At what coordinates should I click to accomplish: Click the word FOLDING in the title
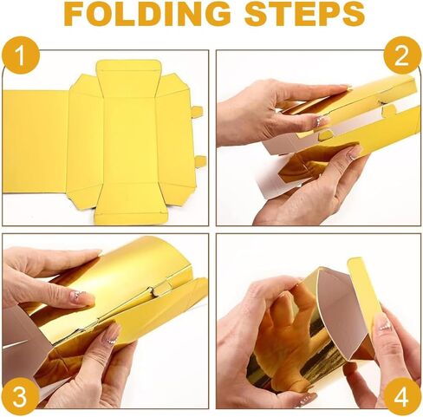click(147, 14)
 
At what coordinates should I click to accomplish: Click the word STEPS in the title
click(305, 14)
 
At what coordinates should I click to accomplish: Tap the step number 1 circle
click(20, 55)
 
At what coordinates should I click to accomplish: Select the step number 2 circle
click(402, 55)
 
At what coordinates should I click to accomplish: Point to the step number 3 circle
click(20, 397)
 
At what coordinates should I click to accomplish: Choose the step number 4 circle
click(402, 397)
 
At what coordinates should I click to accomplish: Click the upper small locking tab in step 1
click(197, 111)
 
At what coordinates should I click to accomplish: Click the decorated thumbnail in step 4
click(384, 323)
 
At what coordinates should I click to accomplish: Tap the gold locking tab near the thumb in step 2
click(325, 135)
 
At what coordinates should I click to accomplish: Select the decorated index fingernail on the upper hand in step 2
click(322, 121)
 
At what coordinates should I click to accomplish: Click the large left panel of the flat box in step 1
click(36, 141)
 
